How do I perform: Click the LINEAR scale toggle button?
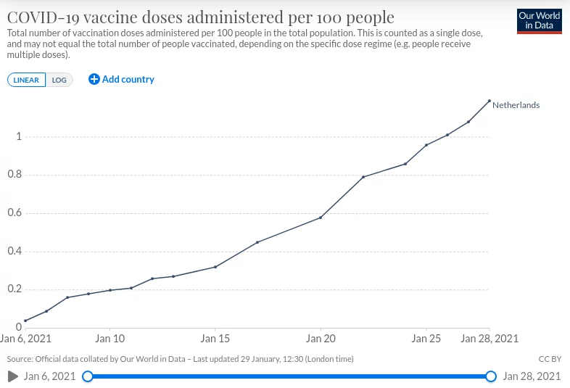26,80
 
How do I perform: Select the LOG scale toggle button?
59,80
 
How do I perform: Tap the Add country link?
121,79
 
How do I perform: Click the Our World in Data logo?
539,22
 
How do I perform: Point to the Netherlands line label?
516,105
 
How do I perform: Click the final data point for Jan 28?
490,101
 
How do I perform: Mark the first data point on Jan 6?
25,321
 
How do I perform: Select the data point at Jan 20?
321,218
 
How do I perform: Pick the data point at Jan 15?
215,268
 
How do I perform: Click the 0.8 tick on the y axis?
15,175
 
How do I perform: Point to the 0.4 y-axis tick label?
15,251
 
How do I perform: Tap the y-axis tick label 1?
19,136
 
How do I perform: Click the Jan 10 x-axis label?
110,339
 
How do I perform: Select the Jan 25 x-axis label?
426,339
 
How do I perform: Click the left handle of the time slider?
88,376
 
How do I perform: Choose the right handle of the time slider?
491,376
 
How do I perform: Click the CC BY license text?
550,359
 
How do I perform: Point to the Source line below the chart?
180,359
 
